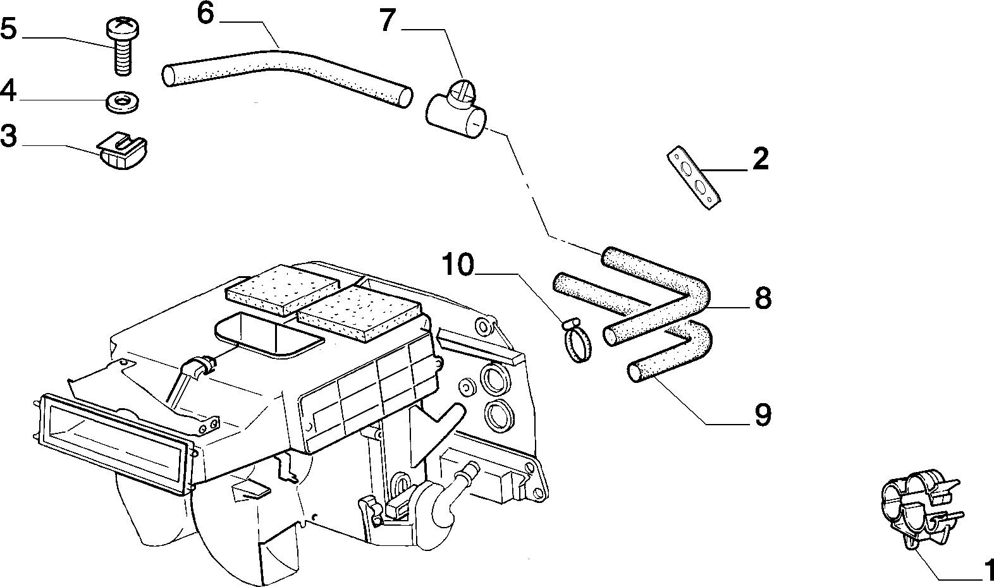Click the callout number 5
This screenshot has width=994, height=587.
(8, 29)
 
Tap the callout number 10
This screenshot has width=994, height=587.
(458, 265)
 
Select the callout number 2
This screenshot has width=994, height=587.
(761, 159)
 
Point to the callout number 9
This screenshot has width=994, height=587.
(763, 415)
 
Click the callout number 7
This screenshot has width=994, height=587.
(388, 20)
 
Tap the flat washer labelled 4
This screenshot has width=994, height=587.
(122, 103)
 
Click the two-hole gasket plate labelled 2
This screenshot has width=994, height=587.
(693, 178)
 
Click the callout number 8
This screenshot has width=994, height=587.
(763, 298)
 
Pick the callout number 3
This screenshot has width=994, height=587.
(8, 136)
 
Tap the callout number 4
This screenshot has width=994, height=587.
(8, 91)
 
